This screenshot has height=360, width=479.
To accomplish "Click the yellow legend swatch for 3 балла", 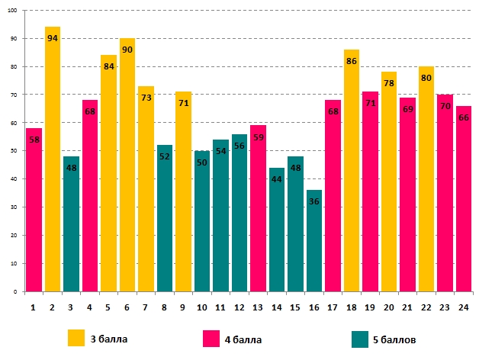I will (76, 338).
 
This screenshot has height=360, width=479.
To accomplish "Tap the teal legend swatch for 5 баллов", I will (360, 338).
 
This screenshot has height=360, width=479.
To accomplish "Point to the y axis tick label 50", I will (16, 151).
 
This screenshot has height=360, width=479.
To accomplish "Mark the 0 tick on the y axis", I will (18, 292).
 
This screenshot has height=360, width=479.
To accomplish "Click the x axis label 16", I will (314, 307).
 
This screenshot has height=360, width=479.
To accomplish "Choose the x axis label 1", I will (34, 307).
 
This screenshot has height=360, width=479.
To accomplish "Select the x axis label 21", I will (407, 307).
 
